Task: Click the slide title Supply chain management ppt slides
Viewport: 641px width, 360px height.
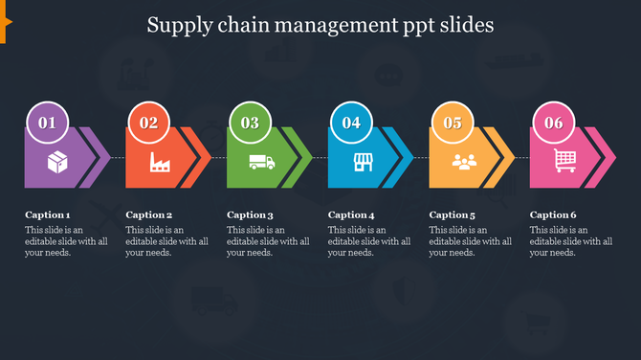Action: (320, 25)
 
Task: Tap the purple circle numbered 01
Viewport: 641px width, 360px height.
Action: (48, 123)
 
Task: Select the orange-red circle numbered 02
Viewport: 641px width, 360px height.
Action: (149, 123)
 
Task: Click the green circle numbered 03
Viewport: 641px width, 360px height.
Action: (250, 123)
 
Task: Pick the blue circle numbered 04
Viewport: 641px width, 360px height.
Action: (351, 123)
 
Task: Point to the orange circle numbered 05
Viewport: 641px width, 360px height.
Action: (453, 123)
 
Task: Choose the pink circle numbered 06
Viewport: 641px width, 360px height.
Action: (553, 123)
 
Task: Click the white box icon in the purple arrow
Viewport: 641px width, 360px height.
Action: (57, 162)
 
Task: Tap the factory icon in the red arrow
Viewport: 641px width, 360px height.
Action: (159, 163)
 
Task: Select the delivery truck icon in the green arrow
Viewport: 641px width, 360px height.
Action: (260, 163)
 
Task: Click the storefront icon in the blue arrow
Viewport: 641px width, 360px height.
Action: (363, 162)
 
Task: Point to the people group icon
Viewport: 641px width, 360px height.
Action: (464, 162)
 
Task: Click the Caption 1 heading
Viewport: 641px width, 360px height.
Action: (48, 215)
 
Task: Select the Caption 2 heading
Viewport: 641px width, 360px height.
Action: (149, 215)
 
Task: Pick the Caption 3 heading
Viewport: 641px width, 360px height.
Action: (250, 215)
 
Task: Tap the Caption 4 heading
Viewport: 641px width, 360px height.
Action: (351, 215)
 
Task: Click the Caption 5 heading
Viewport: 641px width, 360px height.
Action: (453, 215)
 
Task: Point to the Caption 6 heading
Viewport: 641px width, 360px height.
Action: (553, 215)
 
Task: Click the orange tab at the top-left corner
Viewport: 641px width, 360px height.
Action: (4, 28)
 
